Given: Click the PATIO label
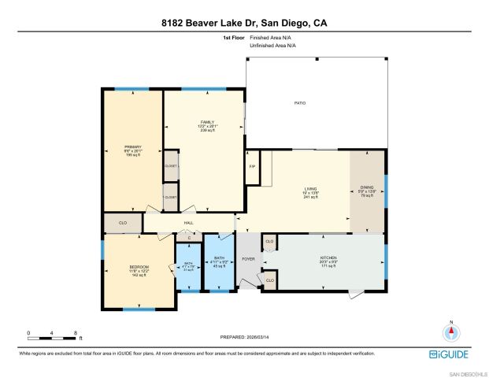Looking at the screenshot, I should tap(300, 103).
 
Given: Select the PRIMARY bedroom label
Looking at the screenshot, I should tap(132, 147).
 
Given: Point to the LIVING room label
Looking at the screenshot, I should tap(311, 188).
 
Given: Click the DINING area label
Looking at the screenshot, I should tap(368, 187).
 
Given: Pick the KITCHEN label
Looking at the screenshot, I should tap(328, 258).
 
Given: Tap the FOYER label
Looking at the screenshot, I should tap(248, 258).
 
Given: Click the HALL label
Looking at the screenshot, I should tap(189, 223).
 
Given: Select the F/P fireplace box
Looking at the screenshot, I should tap(253, 167).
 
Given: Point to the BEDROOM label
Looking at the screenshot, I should tap(139, 268).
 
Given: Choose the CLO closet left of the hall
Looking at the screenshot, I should tap(123, 223).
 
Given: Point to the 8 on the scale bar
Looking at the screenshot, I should tap(75, 333).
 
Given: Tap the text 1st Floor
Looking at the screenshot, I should tap(234, 38).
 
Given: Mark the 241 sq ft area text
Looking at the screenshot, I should tap(311, 197).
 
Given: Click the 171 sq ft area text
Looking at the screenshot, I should tap(328, 266).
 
